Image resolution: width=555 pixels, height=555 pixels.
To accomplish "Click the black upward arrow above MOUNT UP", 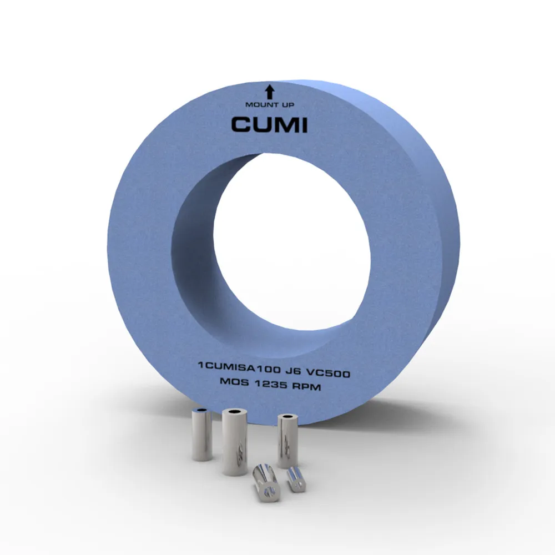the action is tap(270, 92).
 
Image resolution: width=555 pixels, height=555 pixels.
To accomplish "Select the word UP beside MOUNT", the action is tap(287, 105).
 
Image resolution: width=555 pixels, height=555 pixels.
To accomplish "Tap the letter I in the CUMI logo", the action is tap(304, 125).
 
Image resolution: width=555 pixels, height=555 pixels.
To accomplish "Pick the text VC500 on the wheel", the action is tap(328, 373).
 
